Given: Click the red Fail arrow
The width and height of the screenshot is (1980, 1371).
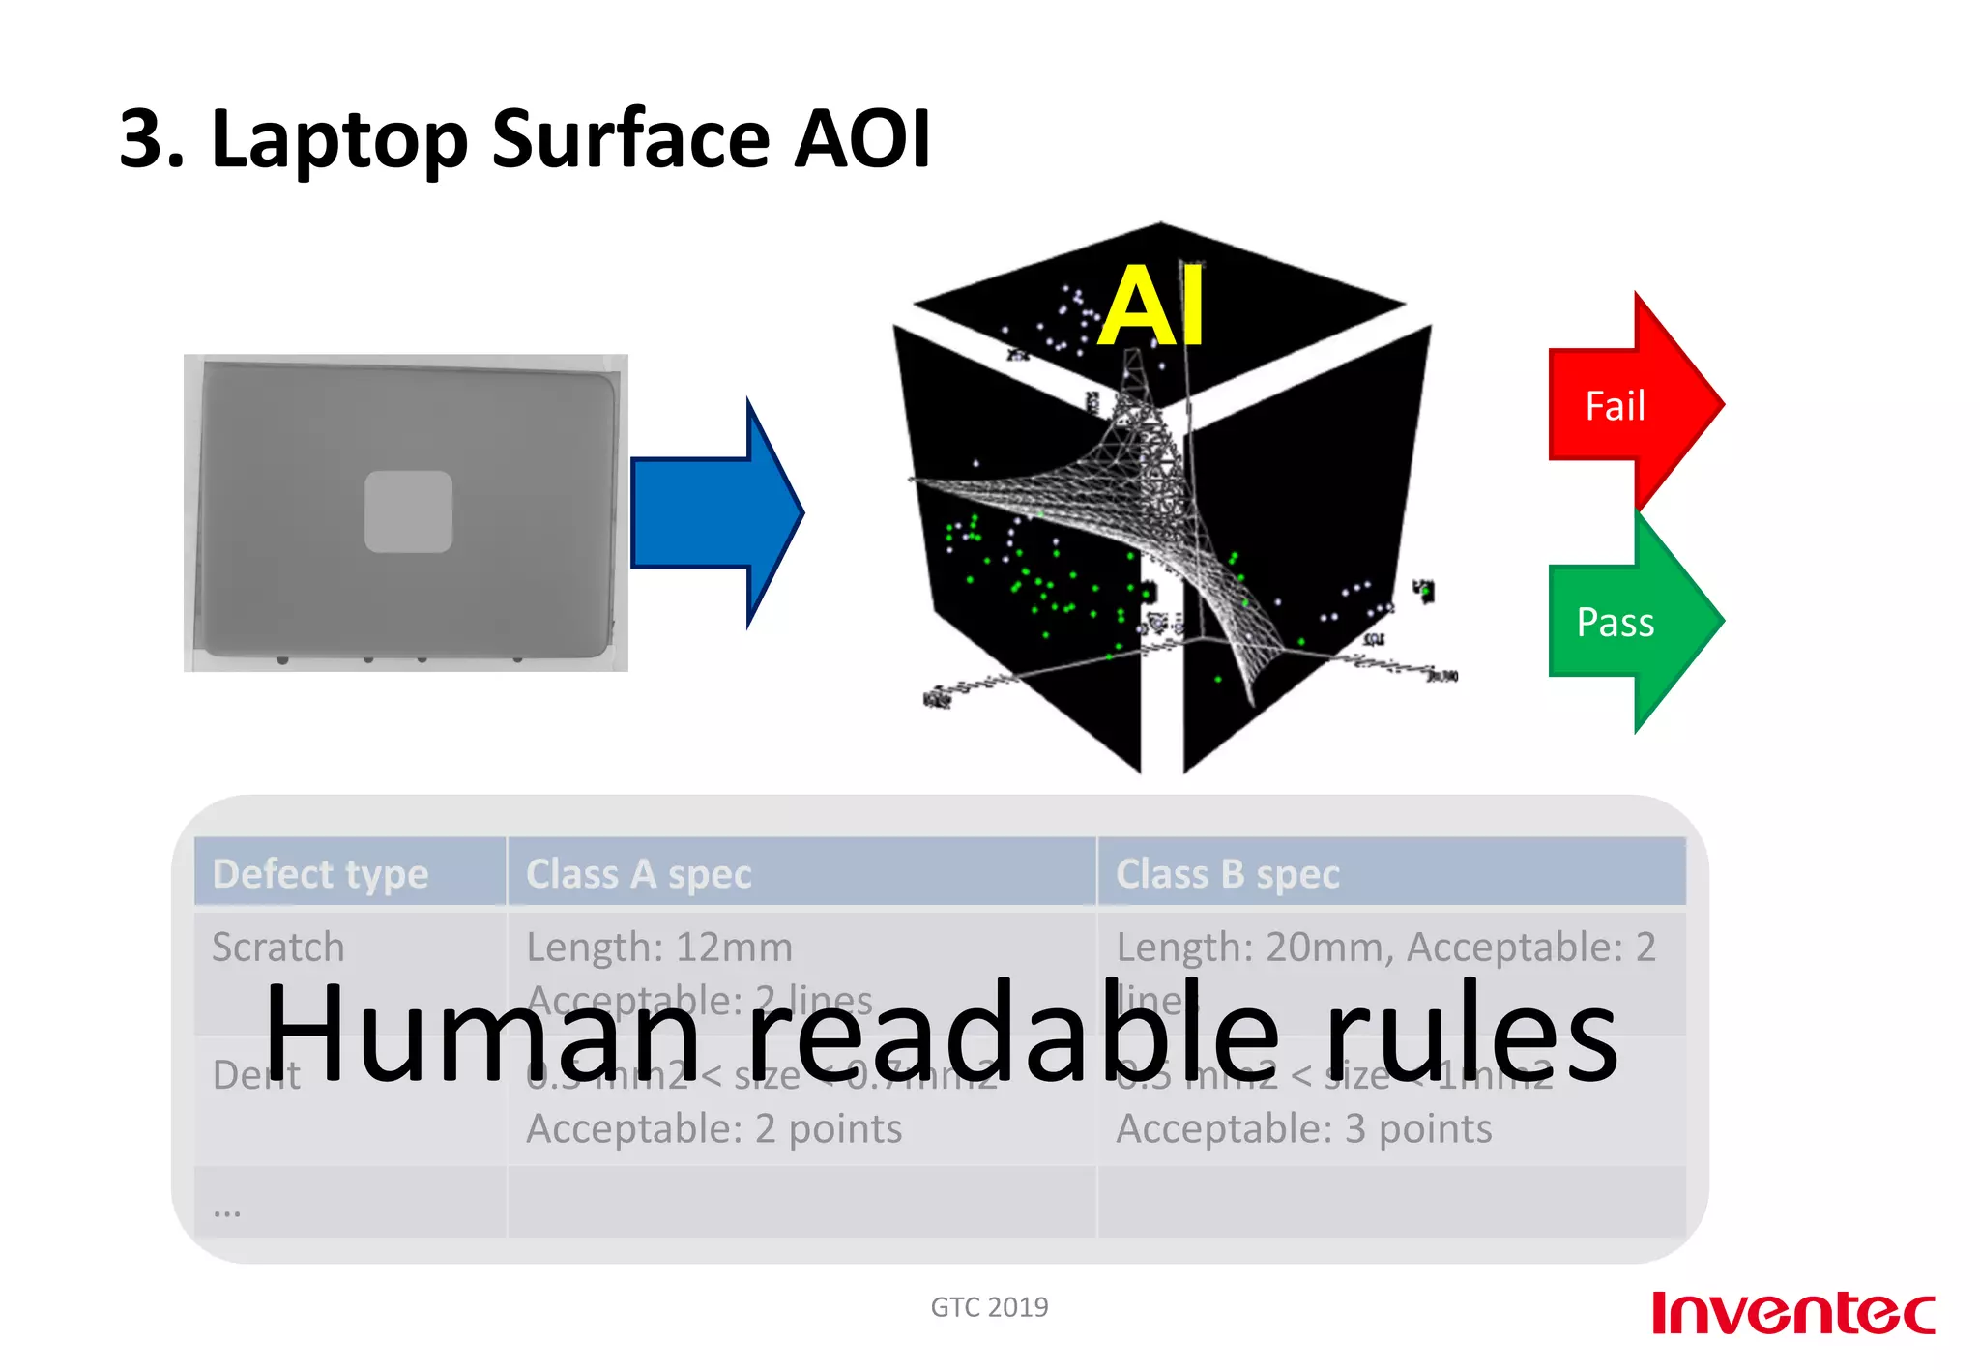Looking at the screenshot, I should tap(1624, 404).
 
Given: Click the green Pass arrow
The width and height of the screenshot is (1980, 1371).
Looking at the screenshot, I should tap(1624, 621).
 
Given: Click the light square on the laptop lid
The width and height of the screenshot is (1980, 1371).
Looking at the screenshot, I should tap(408, 511).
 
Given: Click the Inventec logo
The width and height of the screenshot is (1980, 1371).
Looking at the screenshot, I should tap(1792, 1312).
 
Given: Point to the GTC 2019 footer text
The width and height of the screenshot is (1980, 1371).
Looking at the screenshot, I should tap(989, 1307).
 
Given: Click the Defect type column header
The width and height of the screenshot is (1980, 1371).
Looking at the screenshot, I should tap(320, 873).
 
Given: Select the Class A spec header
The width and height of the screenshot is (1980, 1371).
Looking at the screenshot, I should tap(638, 873).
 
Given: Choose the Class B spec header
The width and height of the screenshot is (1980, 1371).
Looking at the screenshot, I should tap(1227, 873).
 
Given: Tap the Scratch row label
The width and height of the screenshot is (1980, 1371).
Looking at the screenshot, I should tap(278, 947).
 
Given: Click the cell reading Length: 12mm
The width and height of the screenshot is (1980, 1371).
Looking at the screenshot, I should tap(659, 947).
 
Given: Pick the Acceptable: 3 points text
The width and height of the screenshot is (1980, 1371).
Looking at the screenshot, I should tap(1303, 1128).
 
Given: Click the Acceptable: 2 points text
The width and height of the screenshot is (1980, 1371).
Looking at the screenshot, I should tap(713, 1128).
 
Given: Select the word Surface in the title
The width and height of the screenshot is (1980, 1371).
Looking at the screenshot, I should tap(630, 138).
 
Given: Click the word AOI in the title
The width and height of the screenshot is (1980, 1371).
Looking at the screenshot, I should tap(861, 138).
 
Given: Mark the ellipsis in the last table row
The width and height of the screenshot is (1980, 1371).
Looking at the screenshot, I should tap(227, 1209).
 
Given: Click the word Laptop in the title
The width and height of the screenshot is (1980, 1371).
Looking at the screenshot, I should tap(339, 140).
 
